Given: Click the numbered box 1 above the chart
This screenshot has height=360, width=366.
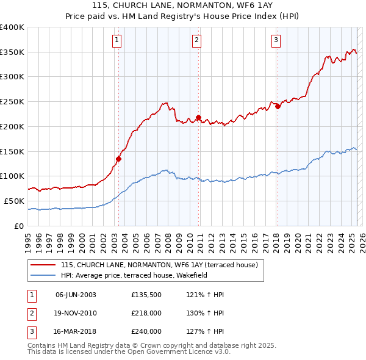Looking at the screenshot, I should click(117, 41).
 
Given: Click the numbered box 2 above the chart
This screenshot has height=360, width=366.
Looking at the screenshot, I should click(197, 41).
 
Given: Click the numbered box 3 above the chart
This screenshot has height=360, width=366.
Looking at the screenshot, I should click(276, 41).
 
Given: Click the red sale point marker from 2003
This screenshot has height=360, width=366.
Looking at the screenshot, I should click(118, 159).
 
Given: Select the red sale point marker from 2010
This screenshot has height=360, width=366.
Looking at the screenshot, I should click(199, 118).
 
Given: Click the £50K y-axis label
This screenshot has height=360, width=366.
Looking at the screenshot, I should click(14, 201).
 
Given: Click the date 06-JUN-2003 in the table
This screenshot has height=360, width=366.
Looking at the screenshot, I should click(76, 295).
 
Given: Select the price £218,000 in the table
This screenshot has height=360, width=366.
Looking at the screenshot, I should click(146, 313).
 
